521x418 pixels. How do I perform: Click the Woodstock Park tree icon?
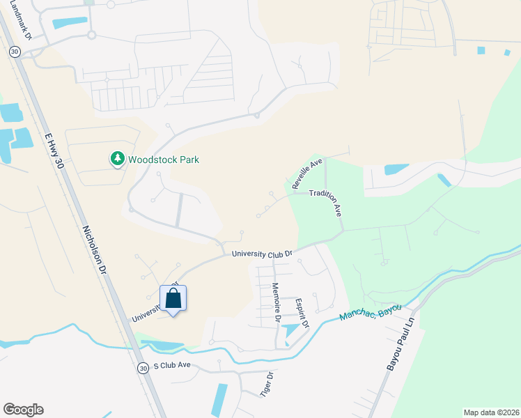117,160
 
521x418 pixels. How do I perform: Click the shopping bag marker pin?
173,300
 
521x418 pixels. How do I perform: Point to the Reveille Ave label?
308,174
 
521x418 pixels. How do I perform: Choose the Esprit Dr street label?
302,313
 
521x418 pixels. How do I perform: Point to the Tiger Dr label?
265,384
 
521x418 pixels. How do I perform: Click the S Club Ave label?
171,365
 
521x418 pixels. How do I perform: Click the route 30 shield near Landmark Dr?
15,52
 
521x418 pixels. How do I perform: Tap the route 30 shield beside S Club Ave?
143,368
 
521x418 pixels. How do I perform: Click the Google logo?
23,410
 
